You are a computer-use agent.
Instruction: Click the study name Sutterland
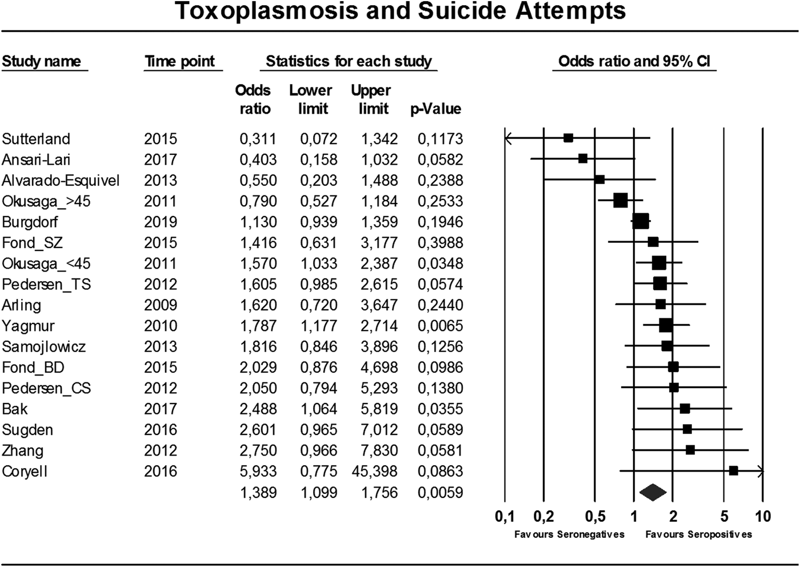36,139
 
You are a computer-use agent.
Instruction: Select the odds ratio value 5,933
258,471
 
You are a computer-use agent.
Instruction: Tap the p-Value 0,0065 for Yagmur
441,326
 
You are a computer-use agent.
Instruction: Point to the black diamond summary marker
653,492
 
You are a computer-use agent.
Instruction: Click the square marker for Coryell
733,471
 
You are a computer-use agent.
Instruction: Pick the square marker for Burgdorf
641,221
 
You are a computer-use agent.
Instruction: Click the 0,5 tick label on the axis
595,517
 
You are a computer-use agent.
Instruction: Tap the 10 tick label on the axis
762,517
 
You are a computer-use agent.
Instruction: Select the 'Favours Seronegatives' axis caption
569,534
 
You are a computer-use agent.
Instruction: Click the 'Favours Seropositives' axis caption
698,534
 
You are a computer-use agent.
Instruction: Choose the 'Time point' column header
180,62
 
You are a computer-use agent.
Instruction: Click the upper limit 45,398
374,471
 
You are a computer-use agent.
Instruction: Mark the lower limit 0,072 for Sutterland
319,139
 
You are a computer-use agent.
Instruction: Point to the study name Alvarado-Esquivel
61,181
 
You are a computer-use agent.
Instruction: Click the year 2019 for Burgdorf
161,222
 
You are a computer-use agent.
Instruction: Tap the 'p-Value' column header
435,109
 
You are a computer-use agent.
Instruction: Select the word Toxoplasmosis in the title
266,11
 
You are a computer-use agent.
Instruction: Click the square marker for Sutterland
568,138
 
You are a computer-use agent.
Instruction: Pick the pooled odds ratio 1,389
258,492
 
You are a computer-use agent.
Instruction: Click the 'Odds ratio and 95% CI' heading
634,62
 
